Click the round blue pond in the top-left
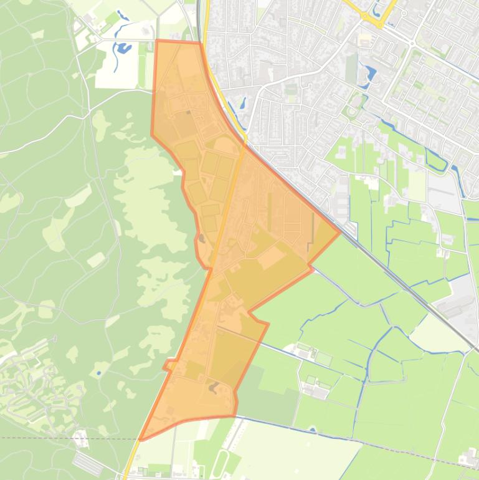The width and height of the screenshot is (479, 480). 123,47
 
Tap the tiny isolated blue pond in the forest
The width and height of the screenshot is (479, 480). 98,373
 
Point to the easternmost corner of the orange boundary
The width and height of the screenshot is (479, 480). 340,233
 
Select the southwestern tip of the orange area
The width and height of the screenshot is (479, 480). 141,439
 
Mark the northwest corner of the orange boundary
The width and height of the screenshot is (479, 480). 156,41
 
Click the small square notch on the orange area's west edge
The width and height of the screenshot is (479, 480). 168,365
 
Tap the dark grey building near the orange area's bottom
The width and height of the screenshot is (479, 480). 213,387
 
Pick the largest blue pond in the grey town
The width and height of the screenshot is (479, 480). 369,74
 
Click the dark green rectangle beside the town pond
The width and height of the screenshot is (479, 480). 352,69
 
